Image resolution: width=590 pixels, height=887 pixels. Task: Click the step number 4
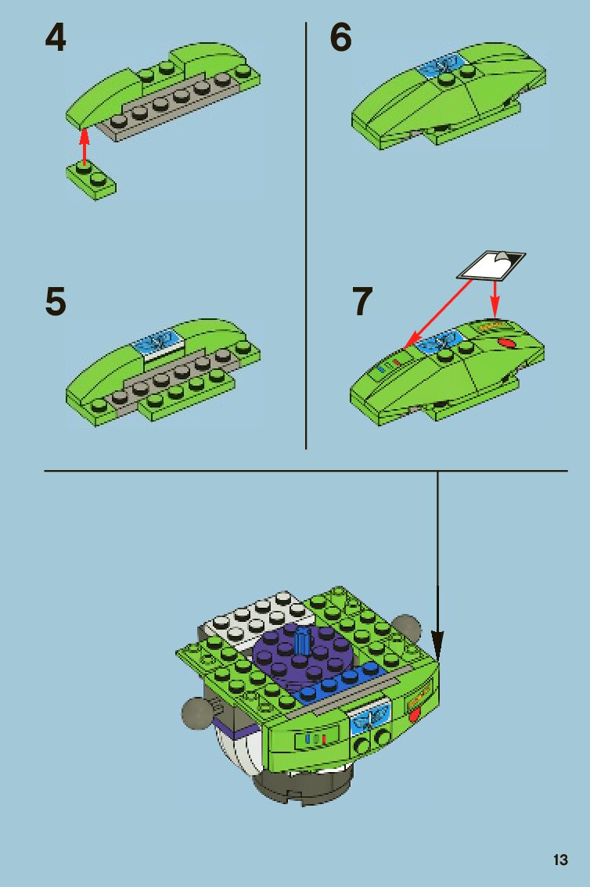pyautogui.click(x=56, y=38)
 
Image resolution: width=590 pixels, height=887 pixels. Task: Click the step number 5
pyautogui.click(x=56, y=301)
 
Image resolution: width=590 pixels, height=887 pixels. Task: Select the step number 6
pyautogui.click(x=340, y=38)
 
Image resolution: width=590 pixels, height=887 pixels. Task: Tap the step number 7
pyautogui.click(x=362, y=301)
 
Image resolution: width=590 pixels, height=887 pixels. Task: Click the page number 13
pyautogui.click(x=560, y=860)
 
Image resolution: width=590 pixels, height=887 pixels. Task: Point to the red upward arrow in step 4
pyautogui.click(x=85, y=147)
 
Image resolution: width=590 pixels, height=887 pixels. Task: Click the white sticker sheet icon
pyautogui.click(x=491, y=266)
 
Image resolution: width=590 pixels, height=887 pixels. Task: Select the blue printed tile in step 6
pyautogui.click(x=441, y=65)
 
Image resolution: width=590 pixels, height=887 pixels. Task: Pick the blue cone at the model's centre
pyautogui.click(x=303, y=639)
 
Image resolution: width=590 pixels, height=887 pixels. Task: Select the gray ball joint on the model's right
pyautogui.click(x=406, y=627)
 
